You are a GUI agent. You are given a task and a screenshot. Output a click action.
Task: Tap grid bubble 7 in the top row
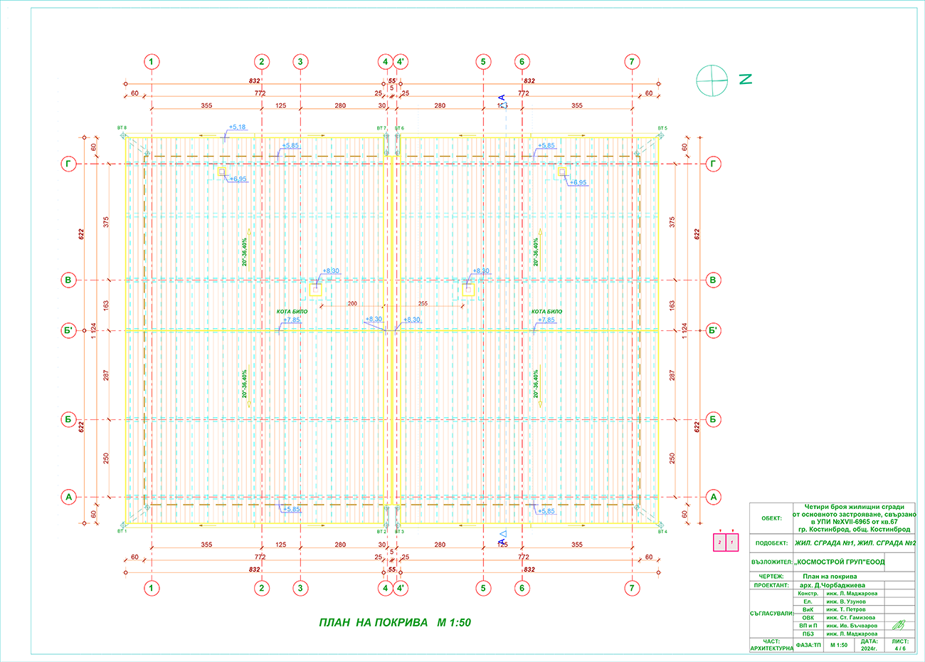click(632, 62)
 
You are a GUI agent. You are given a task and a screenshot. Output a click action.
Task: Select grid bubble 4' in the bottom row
click(401, 588)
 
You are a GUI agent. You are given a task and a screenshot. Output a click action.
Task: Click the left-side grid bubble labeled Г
click(68, 164)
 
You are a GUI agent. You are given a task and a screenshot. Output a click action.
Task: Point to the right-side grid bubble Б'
click(713, 330)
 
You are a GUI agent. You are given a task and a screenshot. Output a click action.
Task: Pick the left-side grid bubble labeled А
click(68, 497)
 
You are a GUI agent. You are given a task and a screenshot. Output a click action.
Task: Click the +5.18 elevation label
click(237, 127)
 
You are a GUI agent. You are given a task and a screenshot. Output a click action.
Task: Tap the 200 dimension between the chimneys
click(352, 303)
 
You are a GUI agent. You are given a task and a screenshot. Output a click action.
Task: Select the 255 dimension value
click(423, 303)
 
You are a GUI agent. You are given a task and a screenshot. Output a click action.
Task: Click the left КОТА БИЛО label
click(292, 312)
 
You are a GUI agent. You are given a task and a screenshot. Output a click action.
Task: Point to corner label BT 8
click(122, 128)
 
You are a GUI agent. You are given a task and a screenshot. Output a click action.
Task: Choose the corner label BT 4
click(662, 531)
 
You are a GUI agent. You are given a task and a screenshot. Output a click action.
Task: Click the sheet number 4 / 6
click(900, 648)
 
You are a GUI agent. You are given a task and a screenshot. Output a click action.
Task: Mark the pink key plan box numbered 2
click(719, 543)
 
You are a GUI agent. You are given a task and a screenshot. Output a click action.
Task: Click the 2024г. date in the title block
click(869, 648)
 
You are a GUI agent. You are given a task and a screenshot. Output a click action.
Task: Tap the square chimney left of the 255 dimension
click(316, 290)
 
